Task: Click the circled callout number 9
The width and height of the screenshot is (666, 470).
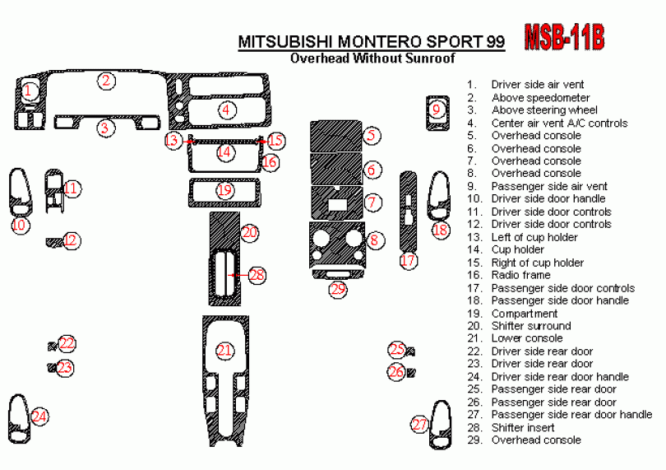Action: coord(437,109)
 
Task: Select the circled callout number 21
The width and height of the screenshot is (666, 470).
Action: coord(224,351)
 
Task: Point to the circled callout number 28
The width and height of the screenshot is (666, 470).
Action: coord(257,275)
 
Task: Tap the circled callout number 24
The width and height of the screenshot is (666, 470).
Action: coord(39,416)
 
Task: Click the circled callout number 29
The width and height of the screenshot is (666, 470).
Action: coord(338,289)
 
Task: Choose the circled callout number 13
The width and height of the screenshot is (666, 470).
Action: coord(172,141)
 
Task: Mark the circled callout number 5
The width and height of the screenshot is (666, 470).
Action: coord(372,135)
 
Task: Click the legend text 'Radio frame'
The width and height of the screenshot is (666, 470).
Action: coord(520,275)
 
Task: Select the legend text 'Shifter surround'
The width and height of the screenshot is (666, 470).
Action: coord(530,326)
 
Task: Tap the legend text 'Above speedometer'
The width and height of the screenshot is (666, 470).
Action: coord(540,97)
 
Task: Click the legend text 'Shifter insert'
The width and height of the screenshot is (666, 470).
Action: coord(523,427)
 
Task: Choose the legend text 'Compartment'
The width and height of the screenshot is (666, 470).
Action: coord(524,314)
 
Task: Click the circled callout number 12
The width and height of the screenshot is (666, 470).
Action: coord(71,240)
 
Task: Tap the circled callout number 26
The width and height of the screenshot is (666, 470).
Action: coord(396,372)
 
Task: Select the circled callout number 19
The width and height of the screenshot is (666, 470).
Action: coord(224,190)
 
